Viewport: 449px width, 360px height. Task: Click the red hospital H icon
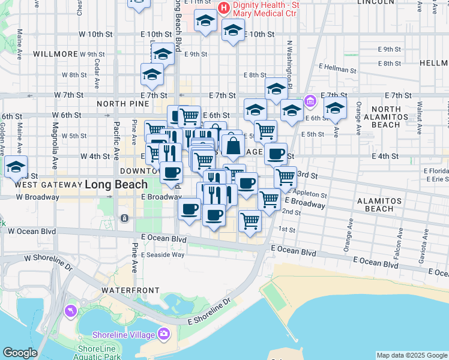pos(224,8)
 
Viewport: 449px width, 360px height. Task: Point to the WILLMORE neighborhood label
pos(56,54)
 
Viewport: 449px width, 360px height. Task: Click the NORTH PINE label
pos(119,104)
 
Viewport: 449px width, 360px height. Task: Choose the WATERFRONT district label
pos(125,290)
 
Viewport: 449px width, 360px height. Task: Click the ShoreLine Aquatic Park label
pos(100,353)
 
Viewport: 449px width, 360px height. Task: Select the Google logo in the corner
pos(20,353)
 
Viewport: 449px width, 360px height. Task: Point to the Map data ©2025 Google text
pos(412,355)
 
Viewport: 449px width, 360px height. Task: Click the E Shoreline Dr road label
pos(209,313)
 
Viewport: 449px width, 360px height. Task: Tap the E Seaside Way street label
pos(163,254)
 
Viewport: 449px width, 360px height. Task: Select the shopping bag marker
pos(232,145)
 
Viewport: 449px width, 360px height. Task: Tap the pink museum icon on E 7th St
pos(310,100)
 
